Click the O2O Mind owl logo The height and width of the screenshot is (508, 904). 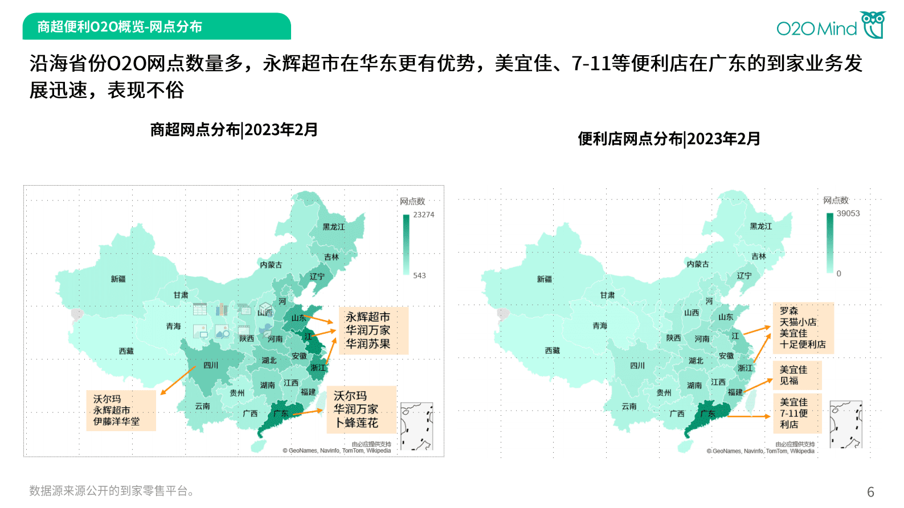pos(873,24)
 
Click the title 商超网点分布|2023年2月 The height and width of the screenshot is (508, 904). pos(234,130)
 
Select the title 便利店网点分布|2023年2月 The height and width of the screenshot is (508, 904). pos(669,139)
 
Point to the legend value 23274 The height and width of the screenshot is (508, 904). pos(423,215)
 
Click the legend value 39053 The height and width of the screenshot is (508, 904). pos(848,214)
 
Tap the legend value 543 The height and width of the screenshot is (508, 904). pos(419,276)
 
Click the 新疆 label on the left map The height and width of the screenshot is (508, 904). pos(118,279)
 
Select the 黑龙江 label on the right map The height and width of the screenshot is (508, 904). pos(760,227)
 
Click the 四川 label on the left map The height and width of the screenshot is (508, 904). pos(211,365)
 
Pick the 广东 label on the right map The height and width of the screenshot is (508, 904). pos(707,413)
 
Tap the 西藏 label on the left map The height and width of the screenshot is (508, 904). pos(126,351)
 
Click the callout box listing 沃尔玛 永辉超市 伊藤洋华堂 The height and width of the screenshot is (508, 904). pos(120,410)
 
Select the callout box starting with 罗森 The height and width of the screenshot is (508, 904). pos(803,328)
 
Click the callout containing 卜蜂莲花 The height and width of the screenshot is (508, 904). pos(361,409)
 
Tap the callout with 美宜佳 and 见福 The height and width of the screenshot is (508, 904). pos(796,375)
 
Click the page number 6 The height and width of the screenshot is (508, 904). pos(870,492)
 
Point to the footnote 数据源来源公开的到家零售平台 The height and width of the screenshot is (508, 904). pos(111,491)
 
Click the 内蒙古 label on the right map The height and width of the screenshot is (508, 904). pos(697,264)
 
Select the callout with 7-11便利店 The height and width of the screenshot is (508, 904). pos(796,413)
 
